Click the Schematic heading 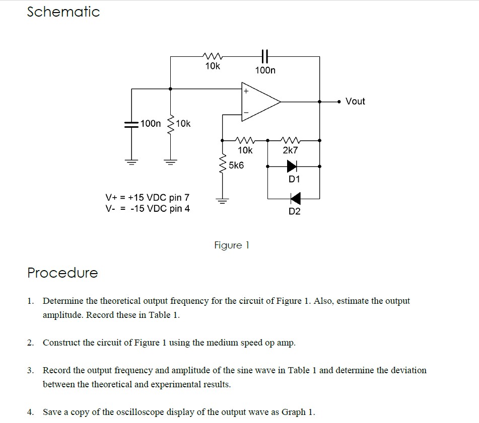tap(63, 12)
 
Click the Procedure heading tap(62, 273)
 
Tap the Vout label tap(355, 101)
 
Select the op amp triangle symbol tap(261, 103)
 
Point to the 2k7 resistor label tap(291, 150)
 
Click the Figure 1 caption tap(232, 245)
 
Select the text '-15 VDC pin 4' tap(160, 208)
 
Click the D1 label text tap(294, 179)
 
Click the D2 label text tap(295, 211)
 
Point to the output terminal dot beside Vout tap(338, 102)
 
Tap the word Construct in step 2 tap(61, 343)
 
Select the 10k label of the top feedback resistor tap(213, 66)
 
